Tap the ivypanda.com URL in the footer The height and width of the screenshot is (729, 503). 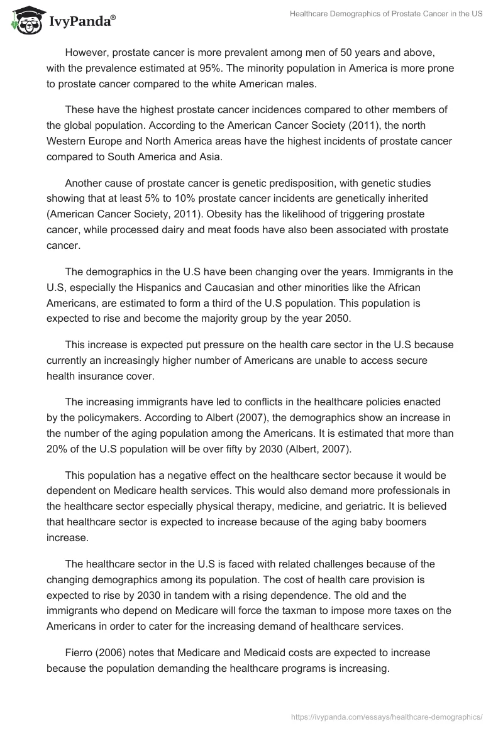387,716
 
